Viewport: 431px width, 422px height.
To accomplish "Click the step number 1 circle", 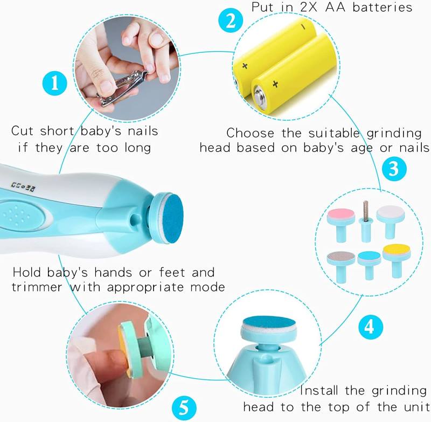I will pos(54,85).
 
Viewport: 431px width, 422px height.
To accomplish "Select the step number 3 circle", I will pos(393,169).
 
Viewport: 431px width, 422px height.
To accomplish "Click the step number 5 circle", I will pos(184,405).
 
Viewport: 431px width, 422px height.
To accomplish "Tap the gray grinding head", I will pos(340,257).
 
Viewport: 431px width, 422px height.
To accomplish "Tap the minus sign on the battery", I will pos(303,26).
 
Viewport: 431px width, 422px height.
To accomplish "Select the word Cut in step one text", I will pos(24,130).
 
